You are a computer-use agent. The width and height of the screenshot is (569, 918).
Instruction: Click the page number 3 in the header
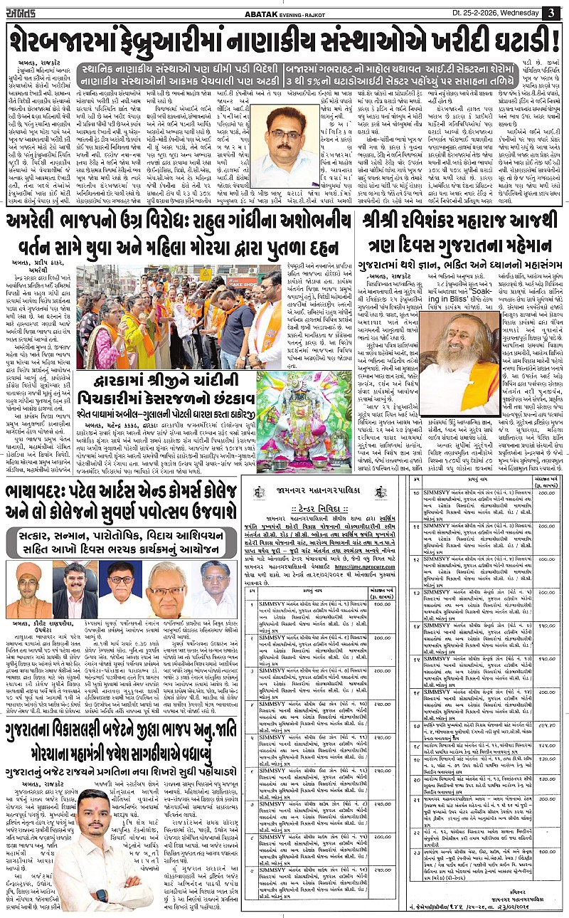[x=552, y=13]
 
